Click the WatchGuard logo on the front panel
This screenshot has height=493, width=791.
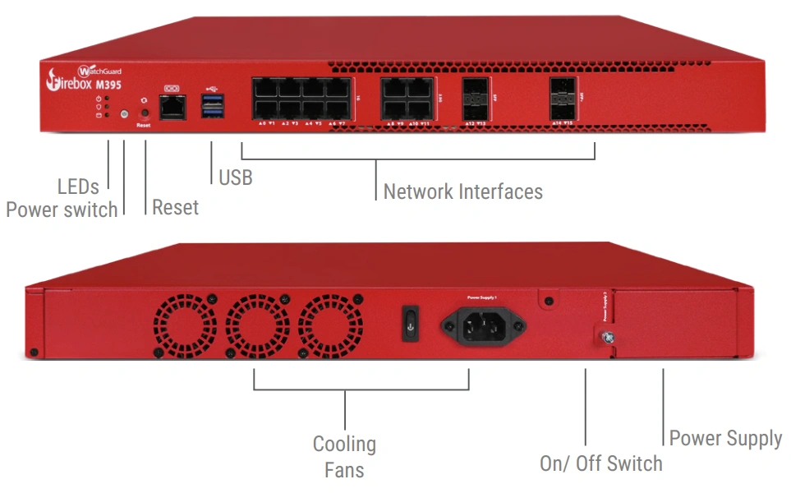tap(101, 71)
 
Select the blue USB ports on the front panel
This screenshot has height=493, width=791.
tap(211, 106)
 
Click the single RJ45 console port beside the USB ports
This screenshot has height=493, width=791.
tap(172, 106)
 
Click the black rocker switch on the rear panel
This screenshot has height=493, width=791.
tap(410, 322)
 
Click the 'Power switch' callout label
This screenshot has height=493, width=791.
tap(62, 210)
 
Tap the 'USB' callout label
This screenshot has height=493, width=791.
tap(236, 177)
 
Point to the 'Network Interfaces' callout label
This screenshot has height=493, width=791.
tap(462, 191)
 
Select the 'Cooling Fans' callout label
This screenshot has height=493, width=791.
tap(344, 457)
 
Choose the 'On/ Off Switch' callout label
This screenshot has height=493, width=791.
tap(600, 463)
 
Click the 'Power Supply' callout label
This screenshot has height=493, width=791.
tap(725, 438)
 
